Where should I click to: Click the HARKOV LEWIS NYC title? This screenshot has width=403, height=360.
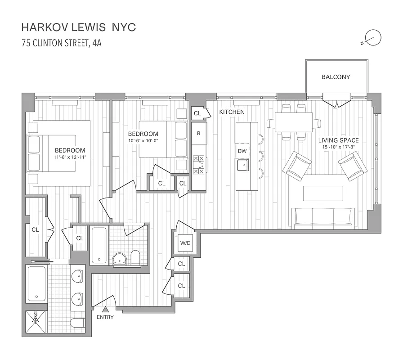pos(78,27)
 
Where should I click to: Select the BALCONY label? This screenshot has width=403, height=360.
pos(336,77)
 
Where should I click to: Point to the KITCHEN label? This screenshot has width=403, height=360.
pos(232,112)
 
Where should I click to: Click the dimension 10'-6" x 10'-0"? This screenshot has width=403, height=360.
pos(143,140)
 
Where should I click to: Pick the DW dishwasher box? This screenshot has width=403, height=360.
pos(242,151)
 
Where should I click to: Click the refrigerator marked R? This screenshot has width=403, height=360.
pos(199,134)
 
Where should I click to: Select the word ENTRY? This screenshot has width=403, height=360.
pos(105,317)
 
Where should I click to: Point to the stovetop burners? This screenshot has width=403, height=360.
pos(198,165)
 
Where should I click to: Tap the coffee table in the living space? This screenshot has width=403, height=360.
pos(323,193)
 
